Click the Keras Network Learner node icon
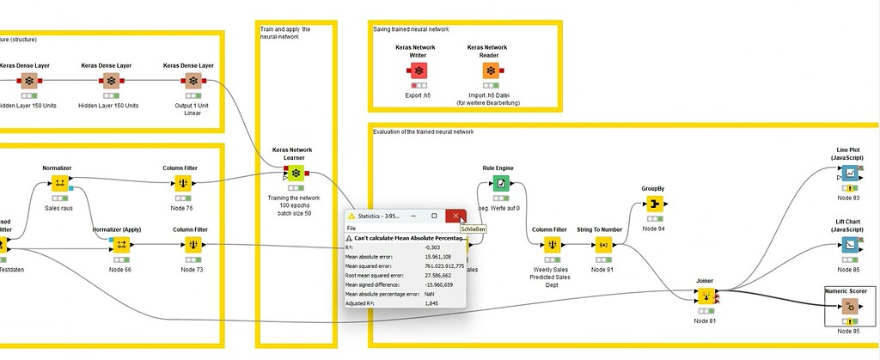click(x=296, y=174)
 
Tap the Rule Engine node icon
click(x=499, y=183)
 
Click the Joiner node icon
click(x=705, y=296)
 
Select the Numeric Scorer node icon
click(x=851, y=307)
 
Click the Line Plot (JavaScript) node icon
click(x=849, y=173)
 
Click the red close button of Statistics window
click(x=455, y=216)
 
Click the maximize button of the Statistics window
click(x=434, y=216)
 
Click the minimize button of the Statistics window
click(x=412, y=216)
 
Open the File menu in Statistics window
click(x=351, y=228)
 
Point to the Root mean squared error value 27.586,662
click(x=443, y=275)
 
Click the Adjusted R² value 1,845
click(x=432, y=303)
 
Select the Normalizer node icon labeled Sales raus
click(x=59, y=183)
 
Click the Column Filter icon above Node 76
click(x=183, y=183)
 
